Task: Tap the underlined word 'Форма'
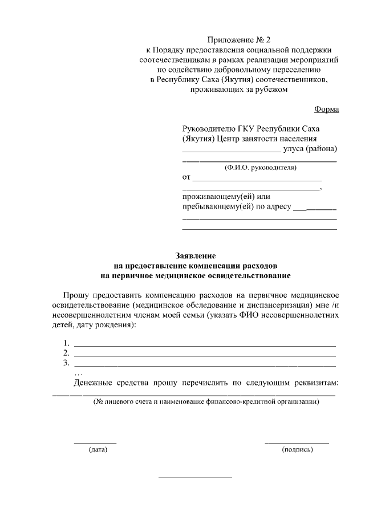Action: tap(326, 109)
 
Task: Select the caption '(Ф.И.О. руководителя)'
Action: tap(260, 168)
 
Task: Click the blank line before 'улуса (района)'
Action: tap(231, 152)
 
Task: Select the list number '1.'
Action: tap(67, 343)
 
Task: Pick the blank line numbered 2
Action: tap(205, 356)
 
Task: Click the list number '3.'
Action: tap(67, 363)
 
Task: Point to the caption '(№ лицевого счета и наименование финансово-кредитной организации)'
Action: tap(207, 402)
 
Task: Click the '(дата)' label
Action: tap(98, 450)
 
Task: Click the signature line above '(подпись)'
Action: tap(297, 443)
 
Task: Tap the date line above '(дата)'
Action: tap(95, 443)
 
